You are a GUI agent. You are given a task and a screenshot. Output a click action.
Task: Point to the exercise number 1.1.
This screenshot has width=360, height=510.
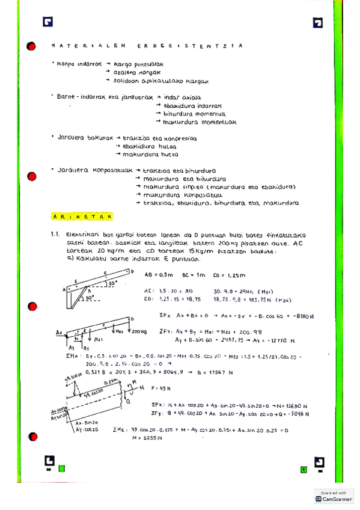click(56, 235)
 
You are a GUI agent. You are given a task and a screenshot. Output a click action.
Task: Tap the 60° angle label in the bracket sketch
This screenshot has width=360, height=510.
click(89, 296)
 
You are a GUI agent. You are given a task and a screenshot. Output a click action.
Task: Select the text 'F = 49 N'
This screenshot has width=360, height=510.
click(162, 387)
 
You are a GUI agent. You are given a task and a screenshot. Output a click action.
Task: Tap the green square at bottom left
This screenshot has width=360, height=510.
click(61, 469)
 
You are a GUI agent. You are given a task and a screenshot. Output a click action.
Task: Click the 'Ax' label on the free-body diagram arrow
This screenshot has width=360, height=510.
click(58, 331)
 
